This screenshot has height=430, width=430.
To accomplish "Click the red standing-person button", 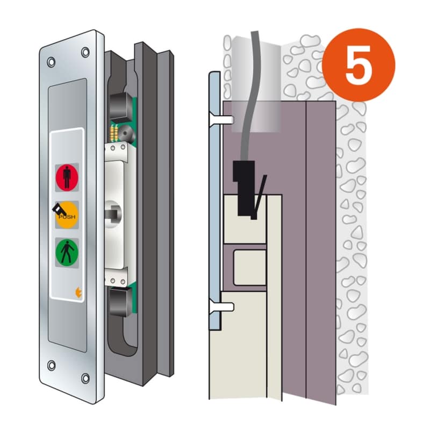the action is click(67, 177).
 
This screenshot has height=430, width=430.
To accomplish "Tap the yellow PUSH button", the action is click(67, 215).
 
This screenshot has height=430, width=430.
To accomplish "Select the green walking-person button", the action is click(67, 252).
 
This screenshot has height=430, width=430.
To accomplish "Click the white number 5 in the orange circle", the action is click(357, 65).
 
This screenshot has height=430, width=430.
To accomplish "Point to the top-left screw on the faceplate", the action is click(51, 62).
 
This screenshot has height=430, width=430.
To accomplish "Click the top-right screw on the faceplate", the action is click(85, 52).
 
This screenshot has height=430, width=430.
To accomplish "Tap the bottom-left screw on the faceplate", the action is click(51, 365).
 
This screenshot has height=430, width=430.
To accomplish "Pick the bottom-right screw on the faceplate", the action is click(85, 378).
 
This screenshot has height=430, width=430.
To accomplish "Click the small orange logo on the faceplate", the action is click(78, 292).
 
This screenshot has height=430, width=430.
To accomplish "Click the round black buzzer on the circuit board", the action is click(125, 133).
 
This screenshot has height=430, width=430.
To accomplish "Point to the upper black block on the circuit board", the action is click(120, 107).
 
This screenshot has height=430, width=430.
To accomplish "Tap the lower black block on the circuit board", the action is click(120, 302).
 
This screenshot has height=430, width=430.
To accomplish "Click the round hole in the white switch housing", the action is click(113, 214).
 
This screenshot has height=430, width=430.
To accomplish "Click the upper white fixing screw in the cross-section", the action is click(221, 119).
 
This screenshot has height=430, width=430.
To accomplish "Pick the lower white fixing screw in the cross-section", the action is click(221, 306).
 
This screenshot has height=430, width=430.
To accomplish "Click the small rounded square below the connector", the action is click(250, 268).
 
